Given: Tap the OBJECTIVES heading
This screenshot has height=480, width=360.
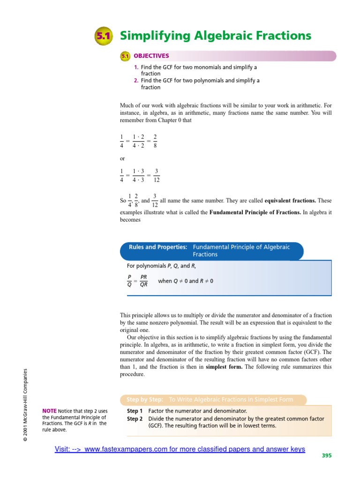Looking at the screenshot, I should pyautogui.click(x=151, y=56).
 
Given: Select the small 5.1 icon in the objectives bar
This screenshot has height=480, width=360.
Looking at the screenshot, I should pyautogui.click(x=125, y=56).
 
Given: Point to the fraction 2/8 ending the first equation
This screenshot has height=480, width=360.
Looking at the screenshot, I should pyautogui.click(x=155, y=140).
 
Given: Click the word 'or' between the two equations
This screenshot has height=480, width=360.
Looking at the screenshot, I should pyautogui.click(x=123, y=158).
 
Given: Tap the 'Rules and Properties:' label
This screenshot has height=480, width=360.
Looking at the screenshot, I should pyautogui.click(x=158, y=247).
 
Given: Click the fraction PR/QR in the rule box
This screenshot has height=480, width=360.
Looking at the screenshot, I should pyautogui.click(x=144, y=281).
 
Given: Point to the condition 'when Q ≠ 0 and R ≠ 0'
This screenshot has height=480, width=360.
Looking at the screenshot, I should pyautogui.click(x=186, y=281).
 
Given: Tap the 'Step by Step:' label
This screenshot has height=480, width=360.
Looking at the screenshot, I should pyautogui.click(x=145, y=400).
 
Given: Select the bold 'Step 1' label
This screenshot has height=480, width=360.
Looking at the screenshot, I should pyautogui.click(x=135, y=411).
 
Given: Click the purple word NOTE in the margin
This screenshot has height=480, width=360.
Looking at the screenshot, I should pyautogui.click(x=49, y=411).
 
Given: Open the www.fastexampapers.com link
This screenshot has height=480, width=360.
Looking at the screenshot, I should pyautogui.click(x=180, y=449).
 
